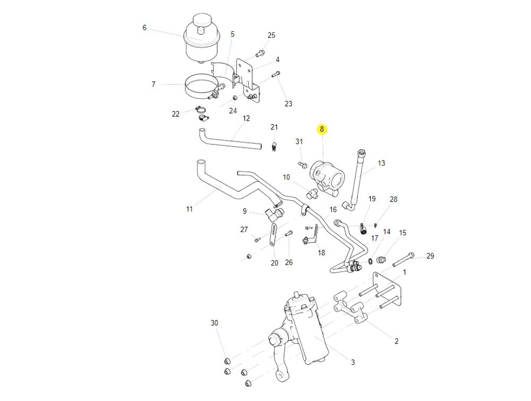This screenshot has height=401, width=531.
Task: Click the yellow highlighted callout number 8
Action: click(322, 129)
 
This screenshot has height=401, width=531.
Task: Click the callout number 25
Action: click(271, 36)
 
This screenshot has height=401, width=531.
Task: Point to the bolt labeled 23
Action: click(276, 75)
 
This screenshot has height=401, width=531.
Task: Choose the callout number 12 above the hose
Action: click(246, 118)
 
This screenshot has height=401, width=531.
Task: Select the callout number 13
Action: click(381, 163)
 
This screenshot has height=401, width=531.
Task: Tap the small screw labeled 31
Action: click(302, 165)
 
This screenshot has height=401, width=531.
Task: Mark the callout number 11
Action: click(190, 209)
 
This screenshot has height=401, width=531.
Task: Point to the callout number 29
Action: click(430, 256)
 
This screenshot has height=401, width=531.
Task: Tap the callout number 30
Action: click(215, 323)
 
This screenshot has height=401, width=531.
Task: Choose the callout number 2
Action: click(396, 342)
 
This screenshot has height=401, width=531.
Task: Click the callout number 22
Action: click(176, 114)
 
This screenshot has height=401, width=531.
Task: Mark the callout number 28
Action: click(393, 199)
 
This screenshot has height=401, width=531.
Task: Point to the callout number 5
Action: click(233, 34)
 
